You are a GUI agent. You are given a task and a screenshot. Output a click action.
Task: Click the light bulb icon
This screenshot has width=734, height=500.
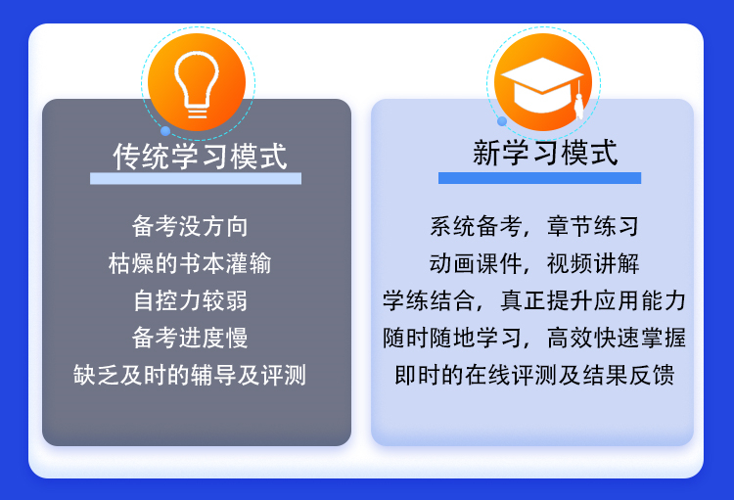(197, 84)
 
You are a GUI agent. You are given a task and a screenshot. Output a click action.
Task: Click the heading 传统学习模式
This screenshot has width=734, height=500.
(200, 157)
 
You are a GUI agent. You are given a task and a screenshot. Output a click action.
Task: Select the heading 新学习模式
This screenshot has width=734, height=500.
(545, 153)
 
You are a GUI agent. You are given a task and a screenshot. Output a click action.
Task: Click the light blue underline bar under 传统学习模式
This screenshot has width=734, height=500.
(196, 178)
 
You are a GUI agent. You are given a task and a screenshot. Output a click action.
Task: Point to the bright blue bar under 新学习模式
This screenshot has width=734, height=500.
(539, 178)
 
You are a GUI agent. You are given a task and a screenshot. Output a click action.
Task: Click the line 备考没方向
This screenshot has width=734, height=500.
(190, 226)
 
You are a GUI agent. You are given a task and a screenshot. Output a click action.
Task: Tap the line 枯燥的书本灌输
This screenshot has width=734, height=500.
(190, 263)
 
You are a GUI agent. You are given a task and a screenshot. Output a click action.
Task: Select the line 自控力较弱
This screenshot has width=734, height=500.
(190, 300)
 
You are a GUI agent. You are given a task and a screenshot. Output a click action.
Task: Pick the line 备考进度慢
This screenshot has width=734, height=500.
(190, 338)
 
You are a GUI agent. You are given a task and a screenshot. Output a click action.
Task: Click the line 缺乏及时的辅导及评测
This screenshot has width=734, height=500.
(190, 375)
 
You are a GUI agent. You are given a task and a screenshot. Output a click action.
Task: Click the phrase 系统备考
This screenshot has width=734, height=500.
(476, 226)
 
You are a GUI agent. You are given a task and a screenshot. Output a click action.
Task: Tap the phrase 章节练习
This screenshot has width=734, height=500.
(593, 226)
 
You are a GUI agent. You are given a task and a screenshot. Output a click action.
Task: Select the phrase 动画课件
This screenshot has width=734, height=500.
(476, 263)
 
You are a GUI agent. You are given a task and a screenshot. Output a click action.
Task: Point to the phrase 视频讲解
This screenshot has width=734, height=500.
(593, 263)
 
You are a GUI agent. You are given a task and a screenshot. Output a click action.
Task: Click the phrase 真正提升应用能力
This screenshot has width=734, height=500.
(593, 300)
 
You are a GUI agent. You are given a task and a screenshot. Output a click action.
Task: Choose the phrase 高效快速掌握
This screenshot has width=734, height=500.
(617, 338)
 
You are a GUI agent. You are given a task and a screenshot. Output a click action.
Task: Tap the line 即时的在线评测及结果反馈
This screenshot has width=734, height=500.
(534, 375)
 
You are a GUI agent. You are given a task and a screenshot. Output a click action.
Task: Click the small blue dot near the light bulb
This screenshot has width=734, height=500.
(165, 131)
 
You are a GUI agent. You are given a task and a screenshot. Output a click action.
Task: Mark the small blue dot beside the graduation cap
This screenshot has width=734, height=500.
(502, 121)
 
